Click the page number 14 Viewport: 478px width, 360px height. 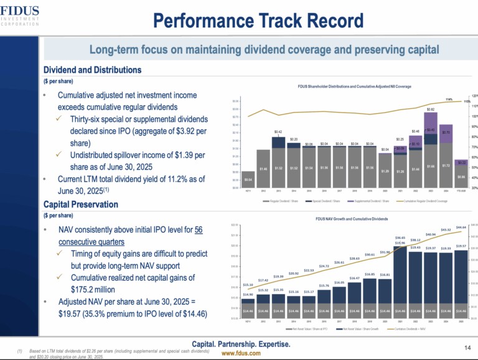pyautogui.click(x=467, y=346)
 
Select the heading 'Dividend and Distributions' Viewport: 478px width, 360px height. pyautogui.click(x=93, y=70)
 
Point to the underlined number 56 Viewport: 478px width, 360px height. pyautogui.click(x=198, y=230)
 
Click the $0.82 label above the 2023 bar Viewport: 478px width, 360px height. pyautogui.click(x=431, y=109)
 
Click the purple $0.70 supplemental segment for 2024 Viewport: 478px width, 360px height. pyautogui.click(x=446, y=132)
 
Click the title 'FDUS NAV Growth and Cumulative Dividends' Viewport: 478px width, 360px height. pyautogui.click(x=352, y=219)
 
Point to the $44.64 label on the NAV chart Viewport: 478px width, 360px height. pyautogui.click(x=461, y=228)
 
